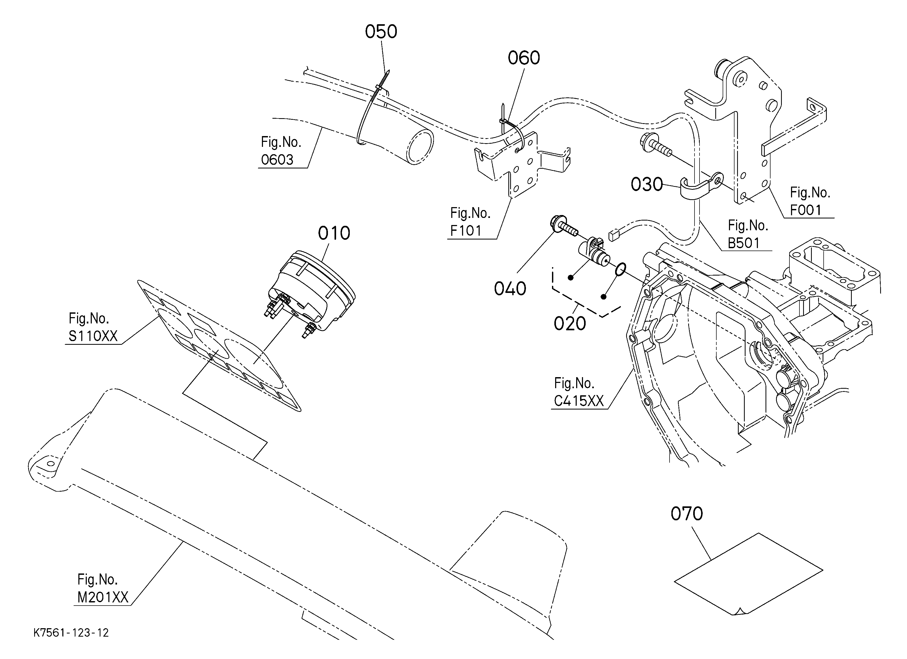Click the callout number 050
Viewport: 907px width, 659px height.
point(381,32)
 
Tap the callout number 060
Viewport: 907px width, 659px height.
point(524,58)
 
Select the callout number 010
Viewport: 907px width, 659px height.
point(334,233)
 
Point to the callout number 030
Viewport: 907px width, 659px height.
point(647,184)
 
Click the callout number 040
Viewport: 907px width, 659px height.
point(510,288)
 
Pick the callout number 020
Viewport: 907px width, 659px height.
point(570,323)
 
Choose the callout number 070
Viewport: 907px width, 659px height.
point(687,514)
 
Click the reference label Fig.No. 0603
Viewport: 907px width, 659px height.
point(281,151)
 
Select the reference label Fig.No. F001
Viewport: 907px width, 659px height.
point(810,201)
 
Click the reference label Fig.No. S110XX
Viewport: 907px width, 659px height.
point(93,327)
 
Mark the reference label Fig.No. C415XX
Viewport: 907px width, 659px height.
point(579,392)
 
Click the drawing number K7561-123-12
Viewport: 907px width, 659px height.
point(71,633)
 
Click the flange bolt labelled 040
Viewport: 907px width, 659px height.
point(564,226)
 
